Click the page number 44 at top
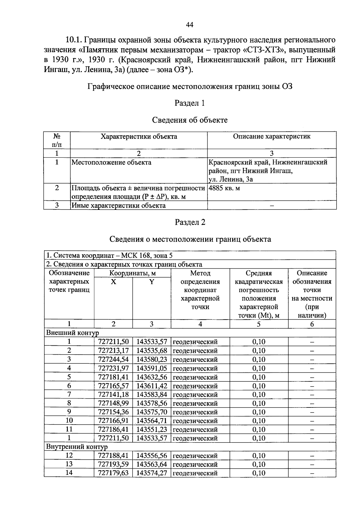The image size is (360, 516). [190, 25]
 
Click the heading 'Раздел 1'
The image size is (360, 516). [190, 103]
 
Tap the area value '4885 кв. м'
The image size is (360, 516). [224, 188]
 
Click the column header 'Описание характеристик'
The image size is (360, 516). [271, 136]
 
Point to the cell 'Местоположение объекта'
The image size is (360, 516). [111, 163]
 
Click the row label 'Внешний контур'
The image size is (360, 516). [72, 333]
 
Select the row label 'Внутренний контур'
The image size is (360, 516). [76, 447]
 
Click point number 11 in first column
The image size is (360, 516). [69, 429]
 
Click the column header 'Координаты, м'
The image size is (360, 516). [132, 273]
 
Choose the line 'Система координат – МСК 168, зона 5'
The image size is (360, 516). [109, 255]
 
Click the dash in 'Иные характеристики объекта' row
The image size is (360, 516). [272, 206]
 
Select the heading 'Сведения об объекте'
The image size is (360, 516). [190, 120]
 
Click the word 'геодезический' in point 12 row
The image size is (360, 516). [195, 456]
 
